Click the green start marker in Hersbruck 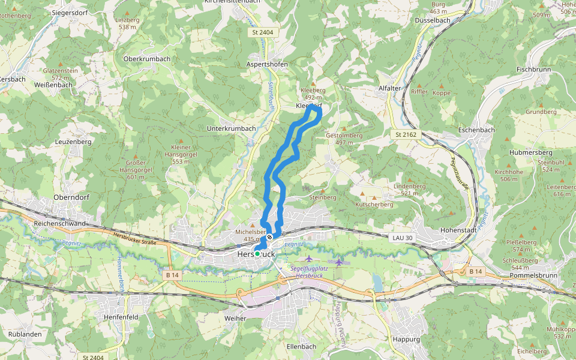coord(257,254)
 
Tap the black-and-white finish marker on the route coord(270,237)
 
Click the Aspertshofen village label coord(267,64)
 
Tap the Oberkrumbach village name coord(146,59)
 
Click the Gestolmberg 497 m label coord(344,139)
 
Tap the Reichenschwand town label coord(60,223)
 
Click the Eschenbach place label coord(476,130)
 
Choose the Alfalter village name coord(389,88)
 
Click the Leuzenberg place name coord(73,142)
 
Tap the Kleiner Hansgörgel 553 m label coord(181,154)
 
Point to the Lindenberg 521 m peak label coord(409,190)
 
